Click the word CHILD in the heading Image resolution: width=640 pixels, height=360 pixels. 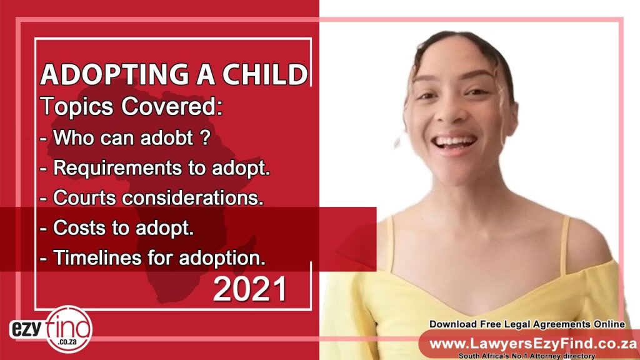click(x=265, y=75)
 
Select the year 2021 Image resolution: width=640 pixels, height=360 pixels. click(x=250, y=289)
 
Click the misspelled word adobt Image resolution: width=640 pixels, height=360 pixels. click(x=166, y=137)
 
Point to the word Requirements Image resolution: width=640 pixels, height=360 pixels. click(x=117, y=168)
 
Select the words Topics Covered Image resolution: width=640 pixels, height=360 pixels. click(x=131, y=106)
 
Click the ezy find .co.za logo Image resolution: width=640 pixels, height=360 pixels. click(x=51, y=329)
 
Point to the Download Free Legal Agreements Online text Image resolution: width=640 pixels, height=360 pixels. click(x=527, y=324)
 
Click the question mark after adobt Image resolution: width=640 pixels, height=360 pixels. click(x=205, y=137)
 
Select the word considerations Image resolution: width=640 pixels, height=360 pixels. click(x=192, y=197)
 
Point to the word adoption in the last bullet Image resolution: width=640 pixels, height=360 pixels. click(x=222, y=258)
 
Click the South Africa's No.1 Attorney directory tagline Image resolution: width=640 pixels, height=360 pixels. click(x=526, y=356)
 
